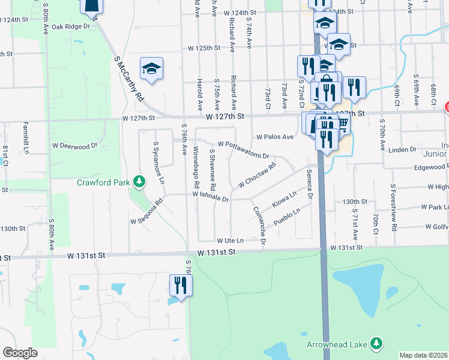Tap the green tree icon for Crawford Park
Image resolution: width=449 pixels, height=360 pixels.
point(139,181)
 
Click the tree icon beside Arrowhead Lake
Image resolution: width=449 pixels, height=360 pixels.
point(376,343)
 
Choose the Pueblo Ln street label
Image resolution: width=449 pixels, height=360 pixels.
point(286,216)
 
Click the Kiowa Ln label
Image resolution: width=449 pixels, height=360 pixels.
point(284,196)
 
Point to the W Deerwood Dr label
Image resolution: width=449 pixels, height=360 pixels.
point(74,145)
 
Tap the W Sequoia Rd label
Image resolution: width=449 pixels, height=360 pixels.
point(147,212)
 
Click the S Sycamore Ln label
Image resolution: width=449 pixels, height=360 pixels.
point(158,161)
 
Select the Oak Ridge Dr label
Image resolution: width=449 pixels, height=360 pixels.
point(70,26)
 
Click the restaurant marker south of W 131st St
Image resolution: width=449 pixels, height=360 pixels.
point(180,284)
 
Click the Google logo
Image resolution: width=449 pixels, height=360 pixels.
point(20,353)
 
